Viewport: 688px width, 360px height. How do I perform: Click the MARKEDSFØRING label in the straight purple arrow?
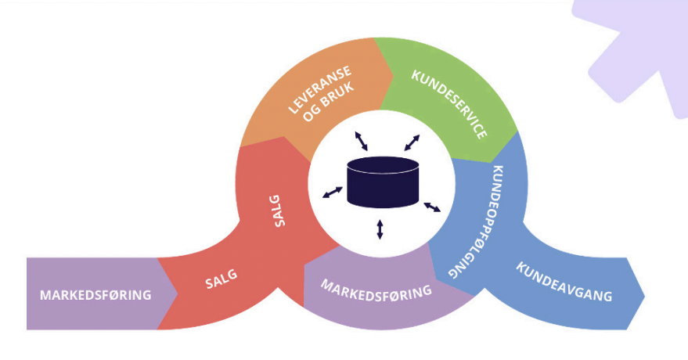95,295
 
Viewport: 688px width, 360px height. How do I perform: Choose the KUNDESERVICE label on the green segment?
449,104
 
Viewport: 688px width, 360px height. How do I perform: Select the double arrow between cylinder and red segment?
332,192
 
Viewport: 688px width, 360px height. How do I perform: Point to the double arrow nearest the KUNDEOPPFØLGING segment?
432,207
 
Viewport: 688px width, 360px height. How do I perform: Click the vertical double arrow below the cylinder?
380,229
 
